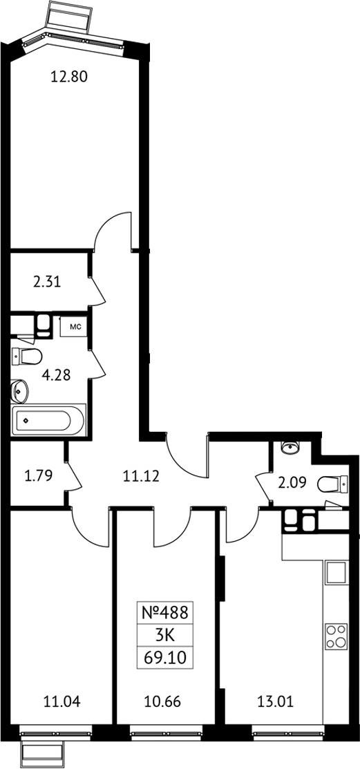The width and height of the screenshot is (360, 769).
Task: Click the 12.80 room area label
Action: pyautogui.click(x=69, y=77)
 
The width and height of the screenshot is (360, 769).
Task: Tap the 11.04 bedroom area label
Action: pyautogui.click(x=62, y=702)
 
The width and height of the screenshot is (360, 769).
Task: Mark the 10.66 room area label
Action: pyautogui.click(x=163, y=702)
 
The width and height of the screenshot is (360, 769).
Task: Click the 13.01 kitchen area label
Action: pyautogui.click(x=276, y=702)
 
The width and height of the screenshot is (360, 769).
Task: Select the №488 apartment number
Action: pyautogui.click(x=164, y=613)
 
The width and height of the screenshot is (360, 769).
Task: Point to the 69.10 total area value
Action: pyautogui.click(x=165, y=656)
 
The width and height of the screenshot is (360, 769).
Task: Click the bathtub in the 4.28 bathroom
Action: pyautogui.click(x=48, y=420)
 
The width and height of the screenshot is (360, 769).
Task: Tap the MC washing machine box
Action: pyautogui.click(x=74, y=326)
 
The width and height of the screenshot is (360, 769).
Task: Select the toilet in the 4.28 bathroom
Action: pyautogui.click(x=27, y=356)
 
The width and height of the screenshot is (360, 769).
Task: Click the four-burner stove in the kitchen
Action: pyautogui.click(x=337, y=636)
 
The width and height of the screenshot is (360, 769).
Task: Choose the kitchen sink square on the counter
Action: pyautogui.click(x=337, y=572)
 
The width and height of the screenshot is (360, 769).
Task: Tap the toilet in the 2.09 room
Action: pyautogui.click(x=332, y=484)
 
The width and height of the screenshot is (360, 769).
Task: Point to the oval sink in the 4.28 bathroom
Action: pyautogui.click(x=20, y=391)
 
